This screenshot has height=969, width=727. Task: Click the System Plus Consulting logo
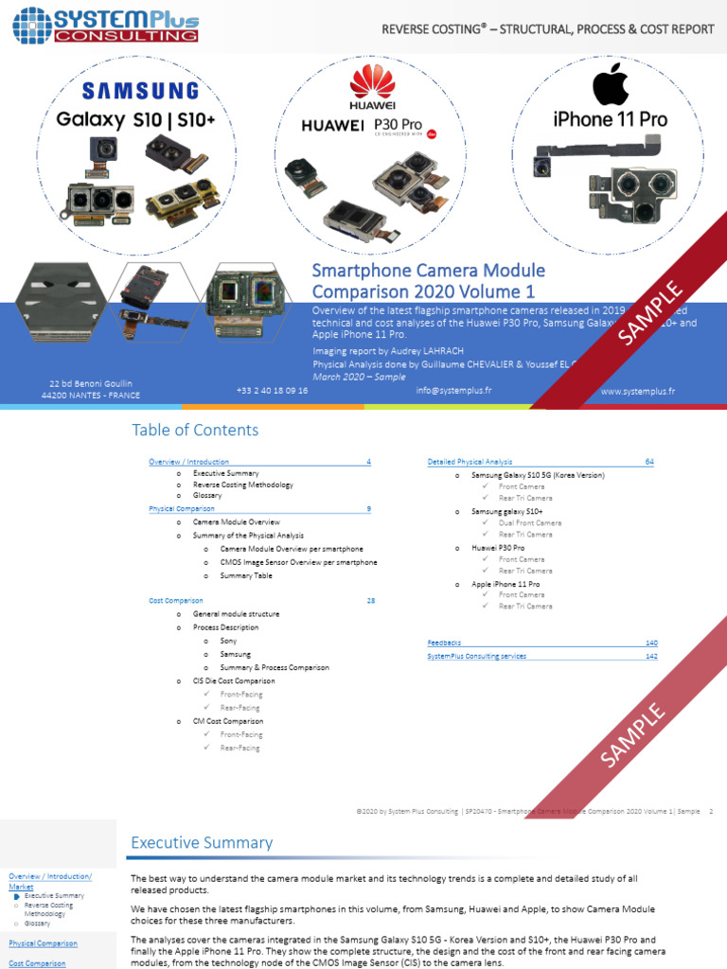(x=105, y=24)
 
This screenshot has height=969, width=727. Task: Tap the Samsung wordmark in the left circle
(x=140, y=91)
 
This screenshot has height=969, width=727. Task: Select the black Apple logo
(x=611, y=86)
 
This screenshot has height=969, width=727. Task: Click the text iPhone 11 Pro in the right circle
(x=610, y=119)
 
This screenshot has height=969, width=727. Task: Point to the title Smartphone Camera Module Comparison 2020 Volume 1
(x=429, y=281)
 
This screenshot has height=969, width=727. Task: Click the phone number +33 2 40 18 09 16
(x=272, y=390)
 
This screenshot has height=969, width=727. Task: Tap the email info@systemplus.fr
(x=453, y=390)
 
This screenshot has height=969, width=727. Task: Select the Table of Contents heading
(x=195, y=431)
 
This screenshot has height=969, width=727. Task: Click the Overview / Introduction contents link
(x=188, y=462)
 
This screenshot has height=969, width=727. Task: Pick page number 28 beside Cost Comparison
(x=370, y=601)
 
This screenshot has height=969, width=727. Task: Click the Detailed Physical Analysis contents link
(x=470, y=462)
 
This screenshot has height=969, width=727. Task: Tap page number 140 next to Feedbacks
(x=651, y=643)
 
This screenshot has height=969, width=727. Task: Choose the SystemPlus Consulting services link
(x=477, y=656)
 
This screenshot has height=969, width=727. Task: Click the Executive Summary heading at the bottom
(x=202, y=843)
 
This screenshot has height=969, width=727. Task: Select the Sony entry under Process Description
(x=228, y=641)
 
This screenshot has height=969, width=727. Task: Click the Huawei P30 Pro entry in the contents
(x=498, y=548)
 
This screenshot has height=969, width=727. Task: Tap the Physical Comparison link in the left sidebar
(x=43, y=943)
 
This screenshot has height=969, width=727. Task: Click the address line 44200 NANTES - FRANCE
(x=91, y=395)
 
